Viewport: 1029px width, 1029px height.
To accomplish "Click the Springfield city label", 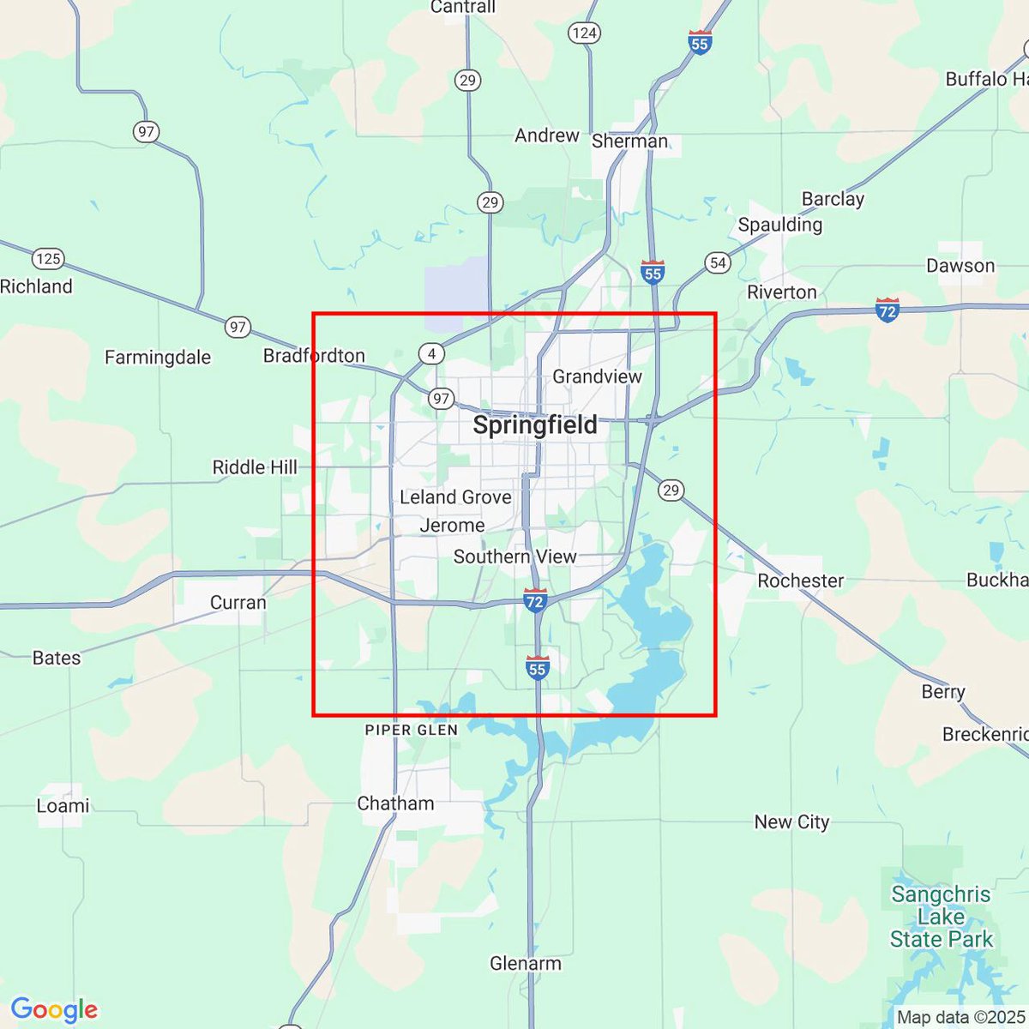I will pyautogui.click(x=535, y=425).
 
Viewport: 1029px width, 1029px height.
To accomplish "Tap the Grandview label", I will pyautogui.click(x=597, y=376).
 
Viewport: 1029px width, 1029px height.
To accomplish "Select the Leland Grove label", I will pyautogui.click(x=455, y=497).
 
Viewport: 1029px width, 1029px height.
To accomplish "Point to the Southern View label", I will pyautogui.click(x=514, y=557).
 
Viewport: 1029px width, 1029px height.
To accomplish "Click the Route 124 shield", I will pyautogui.click(x=584, y=33).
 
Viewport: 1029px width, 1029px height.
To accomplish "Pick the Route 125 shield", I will pyautogui.click(x=48, y=258).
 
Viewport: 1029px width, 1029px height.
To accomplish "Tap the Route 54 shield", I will pyautogui.click(x=718, y=262).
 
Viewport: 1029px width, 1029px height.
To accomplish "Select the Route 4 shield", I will pyautogui.click(x=432, y=353).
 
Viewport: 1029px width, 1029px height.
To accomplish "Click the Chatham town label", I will pyautogui.click(x=395, y=803).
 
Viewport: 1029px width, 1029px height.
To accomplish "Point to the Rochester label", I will pyautogui.click(x=801, y=581).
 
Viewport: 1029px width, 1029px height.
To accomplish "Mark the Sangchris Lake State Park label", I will pyautogui.click(x=941, y=917).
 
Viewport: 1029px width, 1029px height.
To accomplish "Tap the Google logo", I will pyautogui.click(x=54, y=1009).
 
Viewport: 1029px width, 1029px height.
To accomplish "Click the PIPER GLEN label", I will pyautogui.click(x=412, y=731).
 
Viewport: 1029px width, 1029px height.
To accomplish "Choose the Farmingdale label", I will pyautogui.click(x=158, y=358).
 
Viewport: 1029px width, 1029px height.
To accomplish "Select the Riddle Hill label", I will pyautogui.click(x=255, y=467).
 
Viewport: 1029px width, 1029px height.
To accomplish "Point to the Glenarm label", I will pyautogui.click(x=526, y=963).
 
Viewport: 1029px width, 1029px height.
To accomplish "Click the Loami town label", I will pyautogui.click(x=63, y=806).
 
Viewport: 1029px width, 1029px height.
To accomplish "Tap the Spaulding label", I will pyautogui.click(x=780, y=225).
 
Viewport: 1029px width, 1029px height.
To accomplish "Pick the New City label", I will pyautogui.click(x=791, y=822).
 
